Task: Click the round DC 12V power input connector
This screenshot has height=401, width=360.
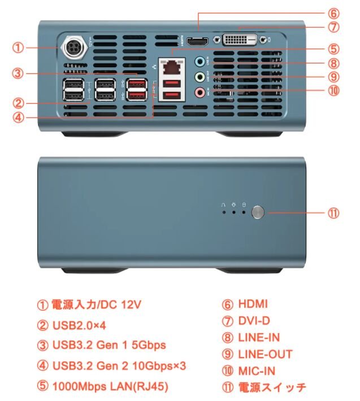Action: coord(74,47)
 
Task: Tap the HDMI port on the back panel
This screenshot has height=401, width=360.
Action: coord(197,41)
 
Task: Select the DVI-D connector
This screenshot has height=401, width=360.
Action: coord(240,40)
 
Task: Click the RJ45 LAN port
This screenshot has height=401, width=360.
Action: coord(172,67)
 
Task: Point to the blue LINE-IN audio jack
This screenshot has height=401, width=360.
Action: coord(200,62)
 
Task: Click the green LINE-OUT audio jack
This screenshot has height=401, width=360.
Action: coord(200,77)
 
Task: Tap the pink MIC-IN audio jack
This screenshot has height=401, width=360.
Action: coord(200,92)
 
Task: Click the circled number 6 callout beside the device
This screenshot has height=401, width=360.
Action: coord(333,14)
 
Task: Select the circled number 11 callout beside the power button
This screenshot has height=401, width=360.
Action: coord(333,213)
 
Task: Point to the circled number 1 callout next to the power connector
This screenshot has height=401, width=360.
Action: coord(18,47)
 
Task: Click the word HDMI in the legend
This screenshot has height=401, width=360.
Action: coord(253,304)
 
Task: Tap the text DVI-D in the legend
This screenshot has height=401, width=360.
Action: coord(254,321)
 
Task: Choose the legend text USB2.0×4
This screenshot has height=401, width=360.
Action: coord(79,325)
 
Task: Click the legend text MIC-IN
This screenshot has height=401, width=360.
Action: coord(257,371)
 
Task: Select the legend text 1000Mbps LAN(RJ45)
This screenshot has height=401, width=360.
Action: coord(110,386)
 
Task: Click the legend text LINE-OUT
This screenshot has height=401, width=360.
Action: coord(265,355)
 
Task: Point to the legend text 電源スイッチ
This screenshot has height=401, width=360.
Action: coord(272,387)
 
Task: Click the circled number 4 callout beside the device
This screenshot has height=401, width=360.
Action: coord(18,117)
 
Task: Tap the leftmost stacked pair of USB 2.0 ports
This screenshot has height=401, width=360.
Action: coord(73,90)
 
